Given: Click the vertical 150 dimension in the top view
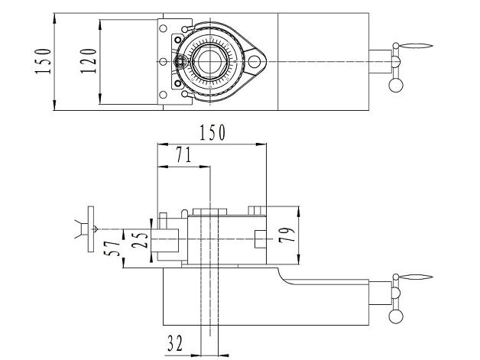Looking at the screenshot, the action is (x=43, y=61).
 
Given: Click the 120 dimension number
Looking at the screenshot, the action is (x=88, y=61).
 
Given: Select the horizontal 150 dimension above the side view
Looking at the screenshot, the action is (x=212, y=132).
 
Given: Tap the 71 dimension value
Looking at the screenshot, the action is (x=183, y=154).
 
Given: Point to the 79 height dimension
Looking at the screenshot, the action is (x=287, y=235).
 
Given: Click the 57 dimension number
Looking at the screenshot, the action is (x=112, y=248).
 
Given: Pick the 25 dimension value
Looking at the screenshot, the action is (x=140, y=240).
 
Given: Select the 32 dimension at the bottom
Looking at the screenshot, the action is (x=175, y=343).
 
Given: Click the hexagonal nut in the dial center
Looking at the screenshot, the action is (x=210, y=61).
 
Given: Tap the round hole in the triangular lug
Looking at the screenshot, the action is (x=254, y=62).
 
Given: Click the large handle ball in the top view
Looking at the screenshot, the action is (x=396, y=85).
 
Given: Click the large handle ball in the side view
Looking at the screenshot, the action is (x=396, y=316).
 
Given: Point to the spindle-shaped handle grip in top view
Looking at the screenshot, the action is (x=416, y=46).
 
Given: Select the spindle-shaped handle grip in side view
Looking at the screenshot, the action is (x=416, y=277).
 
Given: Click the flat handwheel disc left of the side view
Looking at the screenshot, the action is (x=91, y=229).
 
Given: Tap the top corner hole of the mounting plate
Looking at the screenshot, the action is (x=163, y=28).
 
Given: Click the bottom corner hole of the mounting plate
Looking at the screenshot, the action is (x=163, y=95).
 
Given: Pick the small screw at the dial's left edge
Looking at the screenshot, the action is (x=180, y=62).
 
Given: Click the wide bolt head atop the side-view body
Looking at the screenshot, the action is (x=210, y=212).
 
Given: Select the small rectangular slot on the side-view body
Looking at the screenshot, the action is (x=260, y=239).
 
